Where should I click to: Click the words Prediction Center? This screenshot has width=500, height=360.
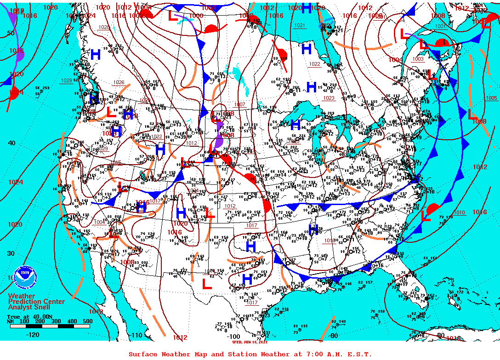coord(36,301)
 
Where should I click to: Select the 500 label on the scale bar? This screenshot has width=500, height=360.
coord(87,321)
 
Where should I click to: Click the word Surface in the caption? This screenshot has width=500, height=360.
coord(142,354)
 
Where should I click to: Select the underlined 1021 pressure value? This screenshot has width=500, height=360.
coord(300,25)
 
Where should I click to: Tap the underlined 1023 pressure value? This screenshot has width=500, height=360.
coord(329,98)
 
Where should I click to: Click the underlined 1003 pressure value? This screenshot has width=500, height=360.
coord(418,59)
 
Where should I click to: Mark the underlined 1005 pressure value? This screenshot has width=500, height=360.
coord(491,98)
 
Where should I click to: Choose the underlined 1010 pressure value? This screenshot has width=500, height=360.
coord(459,212)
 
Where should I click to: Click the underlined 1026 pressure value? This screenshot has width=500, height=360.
coord(119,82)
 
